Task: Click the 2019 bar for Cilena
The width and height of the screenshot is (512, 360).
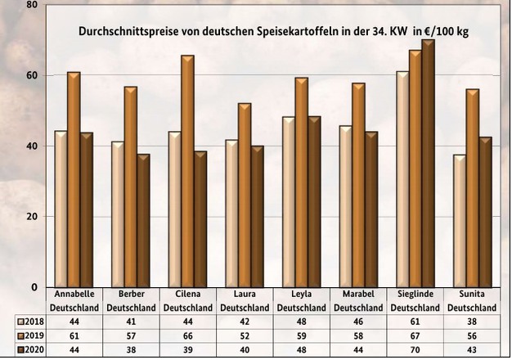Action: (187, 171)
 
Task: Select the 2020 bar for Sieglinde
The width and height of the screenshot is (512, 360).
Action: (428, 163)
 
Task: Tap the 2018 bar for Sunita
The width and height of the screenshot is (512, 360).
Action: (460, 220)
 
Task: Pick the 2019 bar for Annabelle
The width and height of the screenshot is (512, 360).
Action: (74, 179)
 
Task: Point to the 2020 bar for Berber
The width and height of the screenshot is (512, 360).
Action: (143, 220)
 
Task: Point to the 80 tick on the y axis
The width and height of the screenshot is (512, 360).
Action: (32, 5)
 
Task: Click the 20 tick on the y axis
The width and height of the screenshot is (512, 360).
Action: (32, 217)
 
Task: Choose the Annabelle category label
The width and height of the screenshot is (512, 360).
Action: (75, 293)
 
